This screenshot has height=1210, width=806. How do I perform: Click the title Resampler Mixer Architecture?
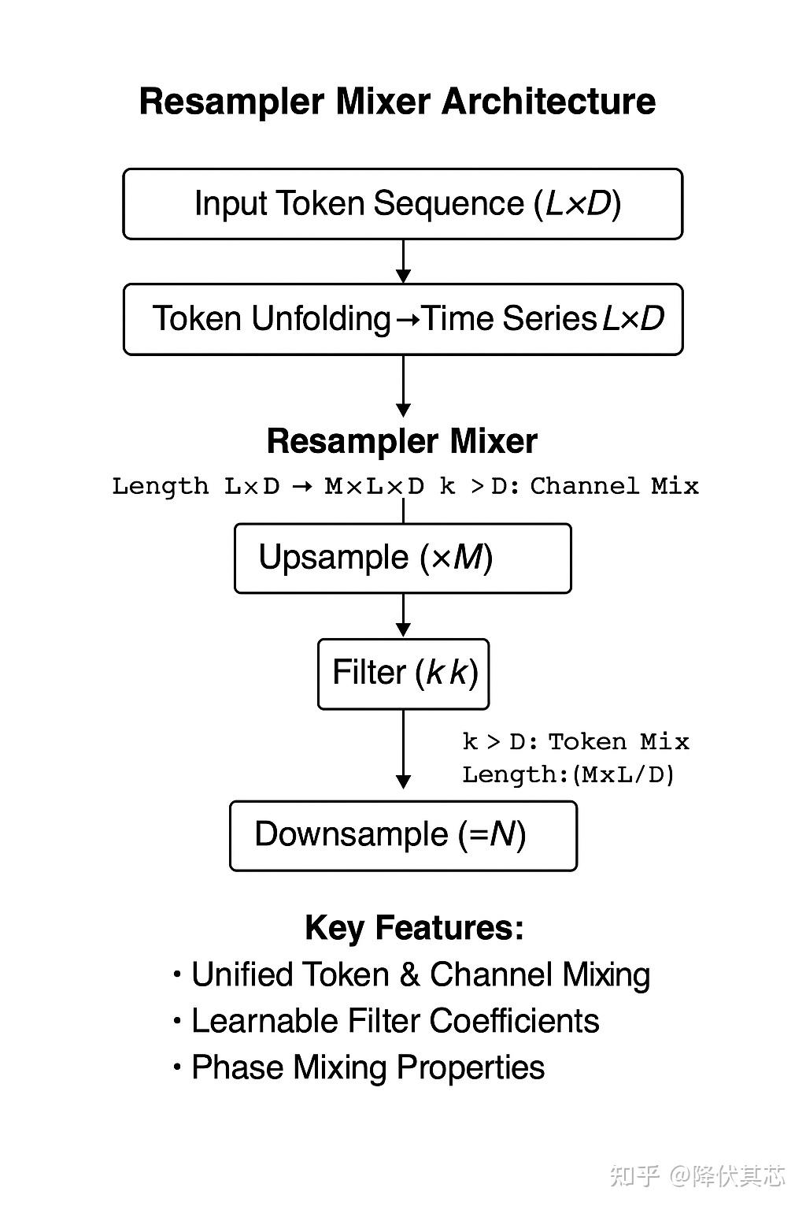pyautogui.click(x=397, y=102)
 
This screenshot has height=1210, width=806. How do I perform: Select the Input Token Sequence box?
pyautogui.click(x=402, y=203)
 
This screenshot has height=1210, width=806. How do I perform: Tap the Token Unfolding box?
pyautogui.click(x=402, y=319)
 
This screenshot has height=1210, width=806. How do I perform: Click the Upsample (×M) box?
pyautogui.click(x=402, y=558)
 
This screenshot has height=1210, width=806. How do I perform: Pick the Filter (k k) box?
pyautogui.click(x=403, y=674)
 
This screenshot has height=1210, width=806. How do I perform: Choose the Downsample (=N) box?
pyautogui.click(x=403, y=835)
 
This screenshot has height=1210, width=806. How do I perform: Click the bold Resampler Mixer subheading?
pyautogui.click(x=401, y=441)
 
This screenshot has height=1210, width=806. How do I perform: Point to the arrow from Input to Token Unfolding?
pyautogui.click(x=403, y=262)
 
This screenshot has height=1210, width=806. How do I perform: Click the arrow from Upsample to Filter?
pyautogui.click(x=403, y=615)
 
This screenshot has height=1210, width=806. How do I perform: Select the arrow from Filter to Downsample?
pyautogui.click(x=403, y=748)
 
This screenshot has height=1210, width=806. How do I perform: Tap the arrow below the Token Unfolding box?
pyautogui.click(x=403, y=386)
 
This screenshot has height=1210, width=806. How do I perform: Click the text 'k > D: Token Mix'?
pyautogui.click(x=575, y=741)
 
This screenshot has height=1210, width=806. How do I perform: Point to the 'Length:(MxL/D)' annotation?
pyautogui.click(x=568, y=774)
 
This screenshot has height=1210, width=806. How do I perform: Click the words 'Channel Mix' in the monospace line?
pyautogui.click(x=614, y=486)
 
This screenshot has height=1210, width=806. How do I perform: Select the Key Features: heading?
pyautogui.click(x=414, y=928)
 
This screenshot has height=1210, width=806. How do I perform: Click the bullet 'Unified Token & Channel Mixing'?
pyautogui.click(x=420, y=974)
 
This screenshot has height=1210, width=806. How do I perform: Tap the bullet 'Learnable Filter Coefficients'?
pyautogui.click(x=394, y=1021)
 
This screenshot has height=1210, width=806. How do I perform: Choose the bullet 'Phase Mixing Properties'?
pyautogui.click(x=368, y=1067)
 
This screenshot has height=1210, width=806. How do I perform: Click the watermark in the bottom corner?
pyautogui.click(x=697, y=1175)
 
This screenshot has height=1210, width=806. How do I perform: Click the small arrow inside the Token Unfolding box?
pyautogui.click(x=407, y=320)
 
